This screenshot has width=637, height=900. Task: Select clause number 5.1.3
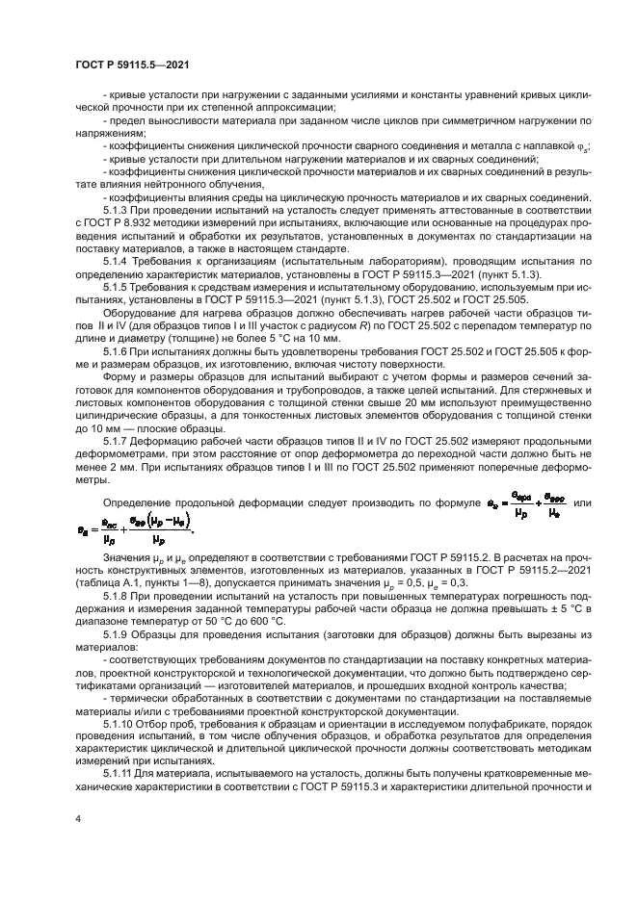[x=118, y=210]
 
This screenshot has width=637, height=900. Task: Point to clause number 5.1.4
[x=118, y=260]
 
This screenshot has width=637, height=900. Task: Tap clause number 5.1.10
[x=119, y=722]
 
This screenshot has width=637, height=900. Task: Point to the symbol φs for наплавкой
[x=584, y=147]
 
